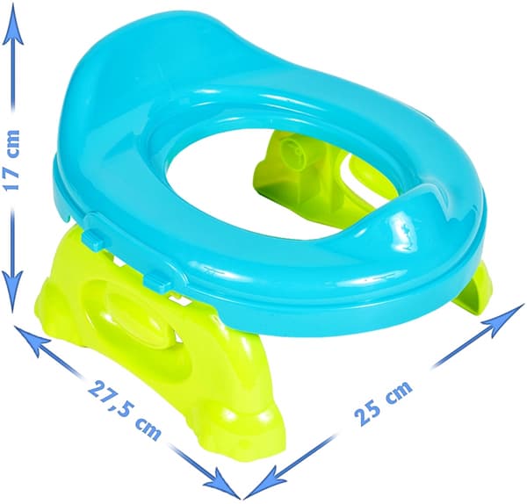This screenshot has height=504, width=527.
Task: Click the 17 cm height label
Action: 13,161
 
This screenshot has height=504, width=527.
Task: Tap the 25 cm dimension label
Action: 383,402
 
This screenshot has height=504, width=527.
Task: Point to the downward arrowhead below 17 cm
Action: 12,292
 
